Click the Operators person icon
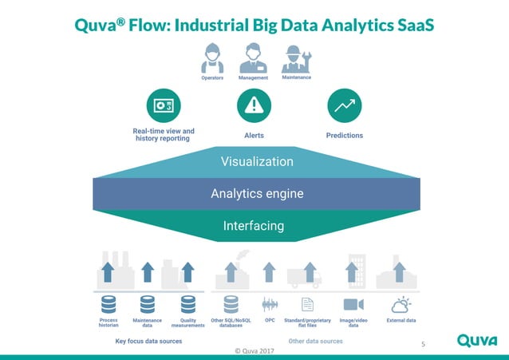click(212, 58)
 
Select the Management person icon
click(254, 58)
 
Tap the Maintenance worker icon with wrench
click(296, 58)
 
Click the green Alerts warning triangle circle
click(254, 105)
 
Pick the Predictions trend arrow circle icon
click(345, 105)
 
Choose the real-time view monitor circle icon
click(164, 105)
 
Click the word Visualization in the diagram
click(257, 162)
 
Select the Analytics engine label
click(257, 193)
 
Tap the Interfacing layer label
click(254, 226)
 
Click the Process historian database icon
click(109, 304)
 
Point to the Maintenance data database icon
click(148, 304)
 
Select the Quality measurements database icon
click(188, 304)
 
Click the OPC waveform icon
click(270, 304)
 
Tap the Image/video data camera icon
click(353, 304)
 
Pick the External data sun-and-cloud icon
click(400, 304)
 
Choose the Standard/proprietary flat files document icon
click(310, 304)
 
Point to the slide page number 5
click(424, 344)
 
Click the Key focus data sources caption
click(149, 341)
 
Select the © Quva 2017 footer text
click(254, 351)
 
